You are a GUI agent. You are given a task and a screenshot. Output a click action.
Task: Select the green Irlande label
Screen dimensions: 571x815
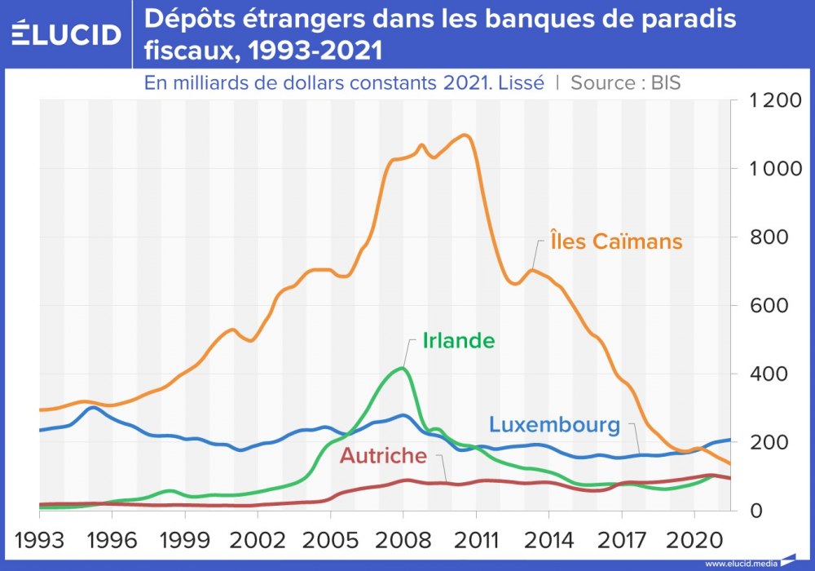click(459, 341)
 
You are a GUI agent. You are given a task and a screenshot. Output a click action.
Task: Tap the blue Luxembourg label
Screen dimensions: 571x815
click(554, 425)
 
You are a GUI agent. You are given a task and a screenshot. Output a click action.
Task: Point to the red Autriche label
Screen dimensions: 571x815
click(383, 455)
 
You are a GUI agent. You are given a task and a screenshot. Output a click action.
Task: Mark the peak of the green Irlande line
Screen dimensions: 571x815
click(402, 368)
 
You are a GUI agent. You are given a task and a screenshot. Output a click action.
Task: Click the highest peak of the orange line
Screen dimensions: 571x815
click(465, 135)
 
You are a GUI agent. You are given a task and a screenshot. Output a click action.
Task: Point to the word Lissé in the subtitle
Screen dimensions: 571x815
click(518, 82)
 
